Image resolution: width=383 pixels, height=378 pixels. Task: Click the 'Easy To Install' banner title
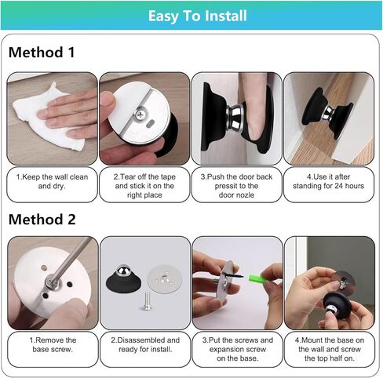tap(198, 16)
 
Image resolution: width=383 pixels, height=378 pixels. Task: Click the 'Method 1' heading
tap(42, 52)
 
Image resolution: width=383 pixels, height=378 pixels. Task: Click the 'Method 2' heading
tap(42, 219)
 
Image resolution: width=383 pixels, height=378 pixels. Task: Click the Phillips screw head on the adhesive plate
tap(140, 114)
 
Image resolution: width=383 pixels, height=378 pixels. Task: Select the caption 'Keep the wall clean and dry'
tap(52, 181)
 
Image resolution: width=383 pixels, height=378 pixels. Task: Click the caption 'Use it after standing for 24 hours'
tap(328, 181)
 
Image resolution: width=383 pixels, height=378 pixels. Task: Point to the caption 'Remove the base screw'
tap(53, 344)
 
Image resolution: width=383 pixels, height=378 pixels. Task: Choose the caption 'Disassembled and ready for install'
tap(145, 344)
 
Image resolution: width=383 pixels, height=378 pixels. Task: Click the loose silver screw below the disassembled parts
tap(147, 301)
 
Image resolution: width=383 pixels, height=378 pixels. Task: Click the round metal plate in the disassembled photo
tap(164, 279)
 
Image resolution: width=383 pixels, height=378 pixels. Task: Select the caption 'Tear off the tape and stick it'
tap(144, 186)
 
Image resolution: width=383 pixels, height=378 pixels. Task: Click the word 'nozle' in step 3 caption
tap(245, 195)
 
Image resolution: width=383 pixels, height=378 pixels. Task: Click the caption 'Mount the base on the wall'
tap(330, 349)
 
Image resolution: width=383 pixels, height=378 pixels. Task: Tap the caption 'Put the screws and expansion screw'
tap(237, 349)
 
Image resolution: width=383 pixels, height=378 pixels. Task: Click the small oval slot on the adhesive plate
tap(150, 124)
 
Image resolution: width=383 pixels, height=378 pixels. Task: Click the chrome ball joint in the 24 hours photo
tap(328, 112)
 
